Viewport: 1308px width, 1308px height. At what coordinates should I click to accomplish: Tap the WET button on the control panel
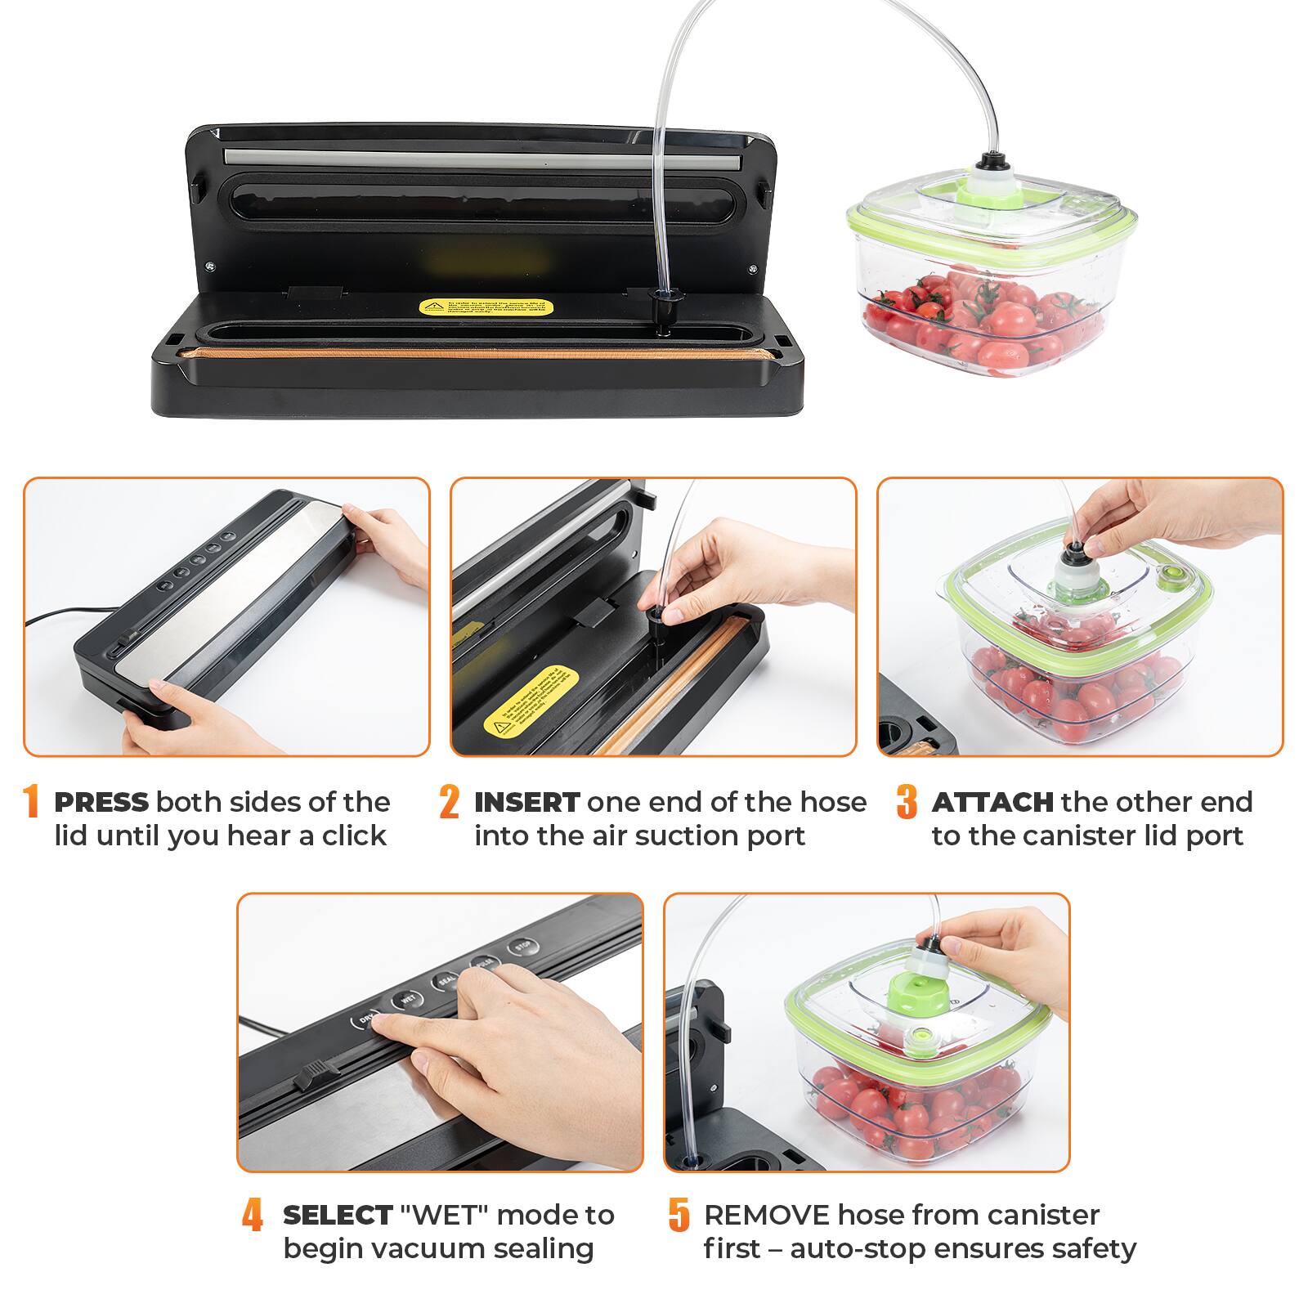pyautogui.click(x=408, y=999)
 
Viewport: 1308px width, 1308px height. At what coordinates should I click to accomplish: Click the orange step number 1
pyautogui.click(x=31, y=802)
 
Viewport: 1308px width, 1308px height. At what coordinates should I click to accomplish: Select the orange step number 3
pyautogui.click(x=906, y=802)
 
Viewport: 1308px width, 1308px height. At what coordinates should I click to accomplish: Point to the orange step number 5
pyautogui.click(x=679, y=1215)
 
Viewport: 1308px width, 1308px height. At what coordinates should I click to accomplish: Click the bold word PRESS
pyautogui.click(x=101, y=802)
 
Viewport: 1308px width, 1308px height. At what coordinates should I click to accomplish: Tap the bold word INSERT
pyautogui.click(x=526, y=802)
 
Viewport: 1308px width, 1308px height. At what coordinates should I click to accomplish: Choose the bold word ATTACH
pyautogui.click(x=992, y=802)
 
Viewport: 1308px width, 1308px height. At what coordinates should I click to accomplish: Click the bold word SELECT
pyautogui.click(x=338, y=1215)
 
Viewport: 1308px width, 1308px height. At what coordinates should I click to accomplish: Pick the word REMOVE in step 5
pyautogui.click(x=766, y=1215)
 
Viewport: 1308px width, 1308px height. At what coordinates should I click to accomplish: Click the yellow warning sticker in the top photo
pyautogui.click(x=486, y=307)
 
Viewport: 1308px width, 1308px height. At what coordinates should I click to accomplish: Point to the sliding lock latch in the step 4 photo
pyautogui.click(x=316, y=1074)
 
